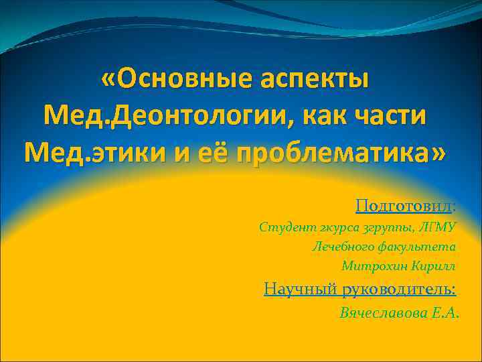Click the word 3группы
pyautogui.click(x=386, y=228)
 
